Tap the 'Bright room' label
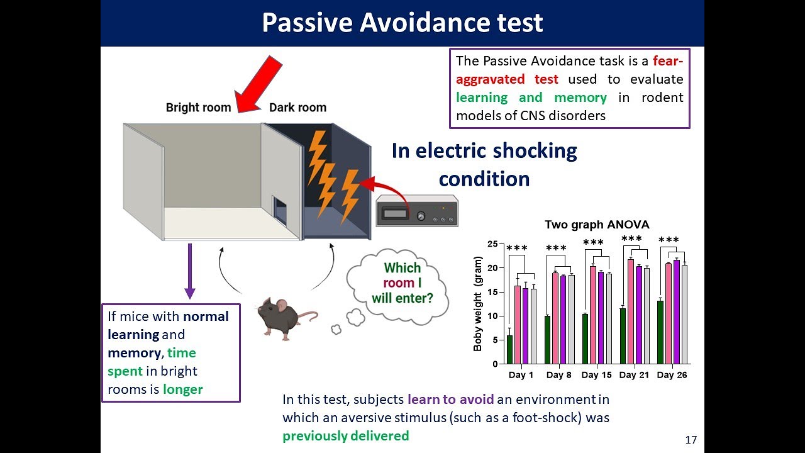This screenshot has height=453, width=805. pyautogui.click(x=199, y=108)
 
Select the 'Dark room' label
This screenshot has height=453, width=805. pyautogui.click(x=297, y=108)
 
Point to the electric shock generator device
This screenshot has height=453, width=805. pyautogui.click(x=416, y=211)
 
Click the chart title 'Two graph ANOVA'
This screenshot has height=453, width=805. pyautogui.click(x=597, y=225)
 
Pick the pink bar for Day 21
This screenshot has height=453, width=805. pyautogui.click(x=630, y=311)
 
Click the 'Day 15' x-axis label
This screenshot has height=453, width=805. pyautogui.click(x=596, y=375)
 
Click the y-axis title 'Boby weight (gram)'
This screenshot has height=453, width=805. pyautogui.click(x=479, y=303)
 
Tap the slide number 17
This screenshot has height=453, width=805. pyautogui.click(x=691, y=440)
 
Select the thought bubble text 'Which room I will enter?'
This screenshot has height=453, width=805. pyautogui.click(x=402, y=283)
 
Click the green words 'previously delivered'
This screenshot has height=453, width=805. pyautogui.click(x=345, y=435)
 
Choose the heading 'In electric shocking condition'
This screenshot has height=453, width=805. pyautogui.click(x=484, y=165)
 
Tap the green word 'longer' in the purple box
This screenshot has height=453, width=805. pyautogui.click(x=182, y=389)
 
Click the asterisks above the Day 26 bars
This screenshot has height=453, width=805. pyautogui.click(x=669, y=240)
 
